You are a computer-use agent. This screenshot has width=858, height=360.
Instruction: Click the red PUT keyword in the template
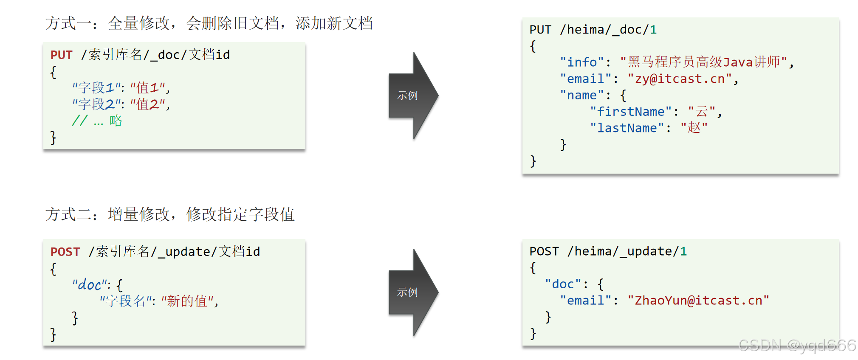pos(62,55)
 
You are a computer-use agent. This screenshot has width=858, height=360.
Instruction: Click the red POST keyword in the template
pos(65,252)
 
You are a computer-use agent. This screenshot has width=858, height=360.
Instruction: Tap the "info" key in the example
pos(581,62)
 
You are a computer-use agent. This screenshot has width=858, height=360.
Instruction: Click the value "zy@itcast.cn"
pos(680,79)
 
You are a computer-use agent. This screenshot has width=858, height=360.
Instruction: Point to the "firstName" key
pos(630,112)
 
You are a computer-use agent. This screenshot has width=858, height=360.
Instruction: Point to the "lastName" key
pos(627,128)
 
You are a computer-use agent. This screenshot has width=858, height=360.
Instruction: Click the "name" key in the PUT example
pos(581,96)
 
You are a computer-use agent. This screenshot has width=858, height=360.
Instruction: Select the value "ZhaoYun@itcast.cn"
pos(698,301)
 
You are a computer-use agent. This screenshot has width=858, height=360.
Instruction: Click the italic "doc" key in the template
pos(89,285)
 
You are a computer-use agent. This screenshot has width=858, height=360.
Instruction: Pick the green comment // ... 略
pos(97,121)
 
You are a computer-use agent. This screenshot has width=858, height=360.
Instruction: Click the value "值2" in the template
pos(147,104)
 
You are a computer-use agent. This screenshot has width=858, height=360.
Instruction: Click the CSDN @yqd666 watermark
pos(797,346)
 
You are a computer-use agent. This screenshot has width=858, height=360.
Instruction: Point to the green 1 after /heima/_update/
pos(683,252)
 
